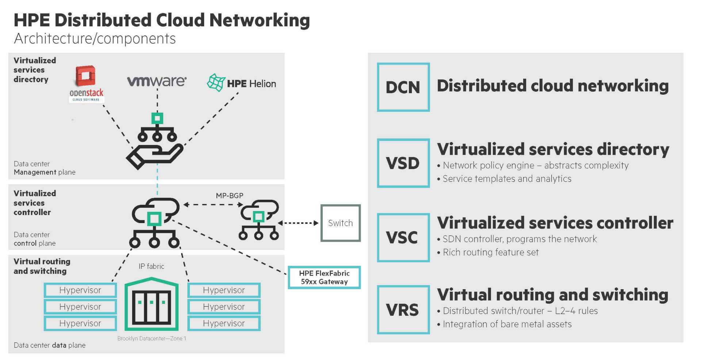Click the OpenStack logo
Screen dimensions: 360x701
(x=86, y=84)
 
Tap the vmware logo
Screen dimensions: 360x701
(x=157, y=81)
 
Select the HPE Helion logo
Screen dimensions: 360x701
(x=241, y=83)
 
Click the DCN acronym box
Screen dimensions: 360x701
(x=403, y=87)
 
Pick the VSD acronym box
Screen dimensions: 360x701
(x=403, y=163)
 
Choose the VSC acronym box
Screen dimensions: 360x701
(x=403, y=238)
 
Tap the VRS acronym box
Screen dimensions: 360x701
(x=403, y=310)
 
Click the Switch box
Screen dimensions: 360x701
(x=340, y=223)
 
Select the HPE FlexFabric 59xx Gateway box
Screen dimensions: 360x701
(x=324, y=277)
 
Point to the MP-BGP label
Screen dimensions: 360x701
(x=229, y=196)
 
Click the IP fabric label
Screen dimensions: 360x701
(x=151, y=266)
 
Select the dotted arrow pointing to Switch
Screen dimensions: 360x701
(x=298, y=223)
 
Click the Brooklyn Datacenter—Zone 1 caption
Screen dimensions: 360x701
(x=152, y=338)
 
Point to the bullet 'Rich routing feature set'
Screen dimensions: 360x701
(x=490, y=252)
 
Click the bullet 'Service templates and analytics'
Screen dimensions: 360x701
(x=506, y=179)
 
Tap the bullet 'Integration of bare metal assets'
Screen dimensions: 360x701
(x=507, y=324)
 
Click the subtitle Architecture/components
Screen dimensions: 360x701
(x=95, y=39)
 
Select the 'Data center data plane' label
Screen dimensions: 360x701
(x=49, y=345)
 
